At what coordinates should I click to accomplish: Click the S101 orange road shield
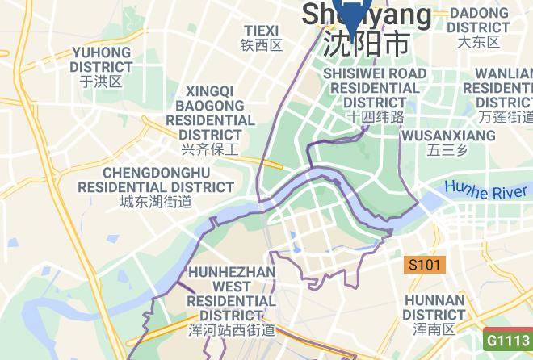click(426, 265)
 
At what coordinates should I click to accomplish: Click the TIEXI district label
click(261, 31)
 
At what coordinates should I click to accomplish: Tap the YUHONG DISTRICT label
click(102, 60)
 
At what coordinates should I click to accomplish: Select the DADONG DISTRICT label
click(479, 20)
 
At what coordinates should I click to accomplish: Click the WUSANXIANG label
click(448, 135)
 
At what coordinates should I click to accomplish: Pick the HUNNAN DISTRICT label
click(434, 307)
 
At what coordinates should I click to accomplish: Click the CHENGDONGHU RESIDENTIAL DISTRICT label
click(157, 180)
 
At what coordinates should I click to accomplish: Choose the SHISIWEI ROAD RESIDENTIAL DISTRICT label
click(375, 88)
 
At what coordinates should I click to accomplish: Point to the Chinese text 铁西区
click(262, 46)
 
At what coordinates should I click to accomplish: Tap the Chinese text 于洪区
click(101, 82)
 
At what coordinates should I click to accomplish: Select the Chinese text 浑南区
click(434, 329)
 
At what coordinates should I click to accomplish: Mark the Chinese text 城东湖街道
click(156, 202)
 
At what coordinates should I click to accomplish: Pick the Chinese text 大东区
click(478, 42)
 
